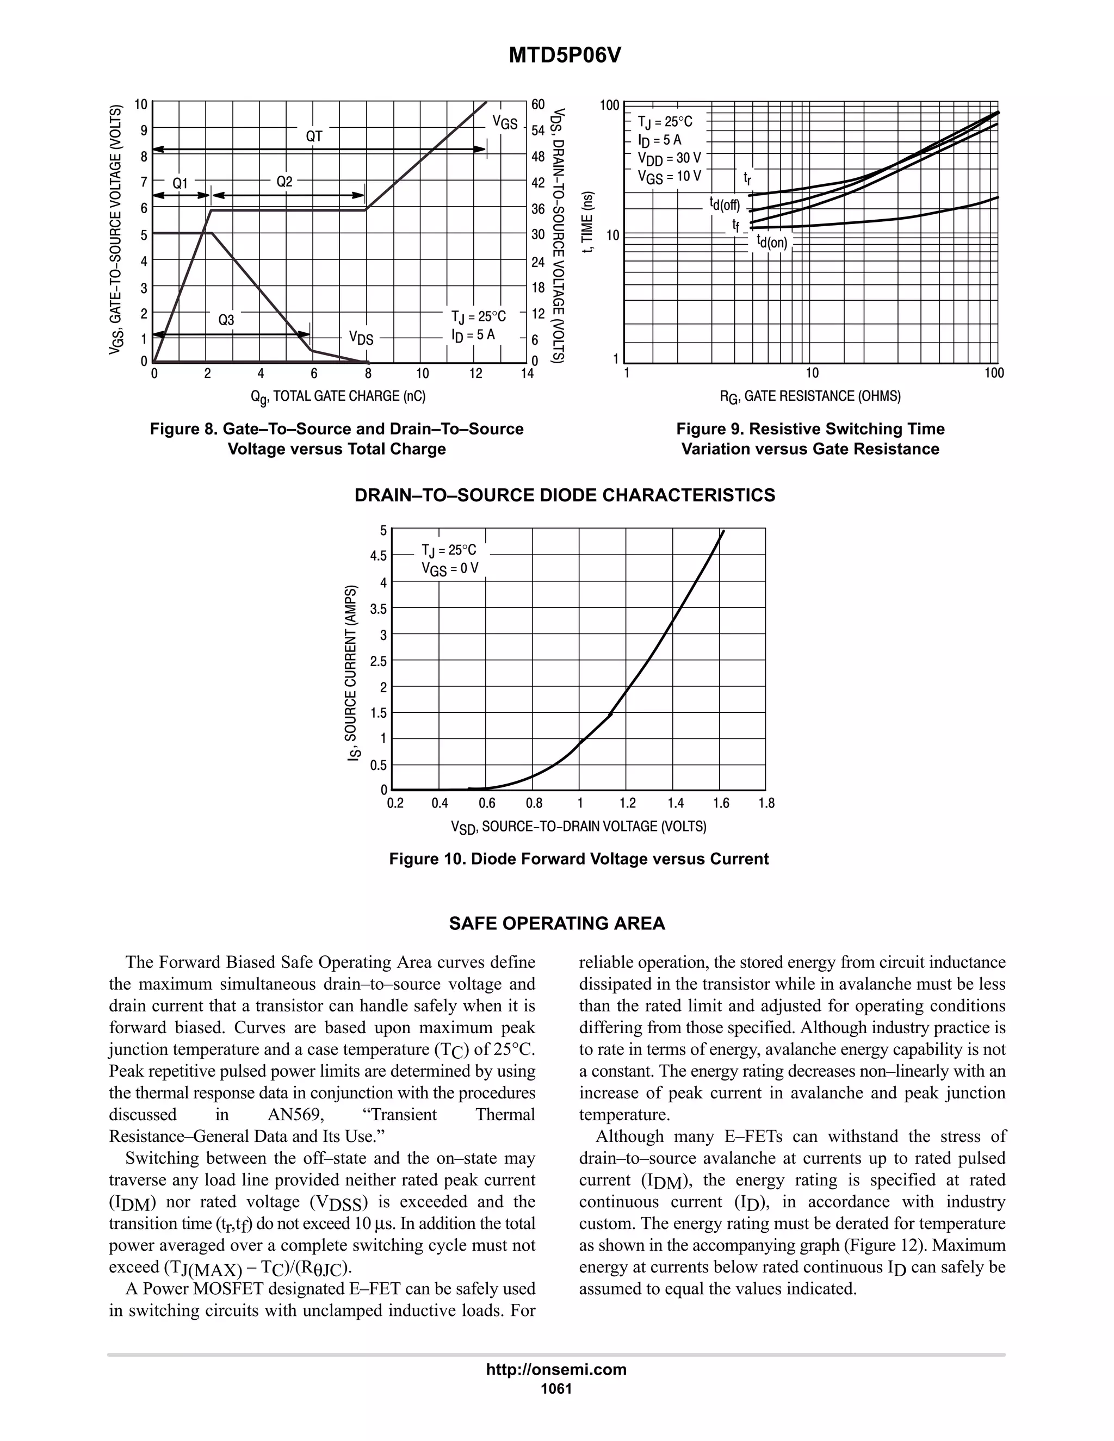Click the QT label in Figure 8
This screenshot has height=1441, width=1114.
(x=314, y=136)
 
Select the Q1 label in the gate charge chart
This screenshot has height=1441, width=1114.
(x=180, y=183)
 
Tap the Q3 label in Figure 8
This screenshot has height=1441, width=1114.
(x=226, y=320)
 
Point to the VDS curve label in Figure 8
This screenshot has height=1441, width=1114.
(x=361, y=338)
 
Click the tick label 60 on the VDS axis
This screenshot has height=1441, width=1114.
(x=538, y=104)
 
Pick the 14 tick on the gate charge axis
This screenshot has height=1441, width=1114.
(x=527, y=374)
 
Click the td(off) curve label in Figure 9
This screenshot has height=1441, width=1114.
(x=725, y=204)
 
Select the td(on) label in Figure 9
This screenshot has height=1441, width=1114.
(x=772, y=241)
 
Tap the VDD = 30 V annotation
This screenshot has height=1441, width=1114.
(x=669, y=158)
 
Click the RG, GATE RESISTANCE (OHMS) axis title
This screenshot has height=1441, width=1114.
(x=810, y=396)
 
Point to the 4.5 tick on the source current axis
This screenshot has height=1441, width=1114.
(x=378, y=556)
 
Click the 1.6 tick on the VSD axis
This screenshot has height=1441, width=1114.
(x=721, y=803)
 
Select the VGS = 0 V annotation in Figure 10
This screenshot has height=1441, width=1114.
(x=450, y=569)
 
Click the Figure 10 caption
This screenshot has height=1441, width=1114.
(x=579, y=859)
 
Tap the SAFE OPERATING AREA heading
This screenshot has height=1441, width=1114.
(x=557, y=923)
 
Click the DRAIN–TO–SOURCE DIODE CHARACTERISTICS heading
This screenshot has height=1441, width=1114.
(x=565, y=495)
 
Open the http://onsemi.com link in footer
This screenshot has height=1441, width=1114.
(x=556, y=1369)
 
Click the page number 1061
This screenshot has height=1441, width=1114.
(x=556, y=1388)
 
